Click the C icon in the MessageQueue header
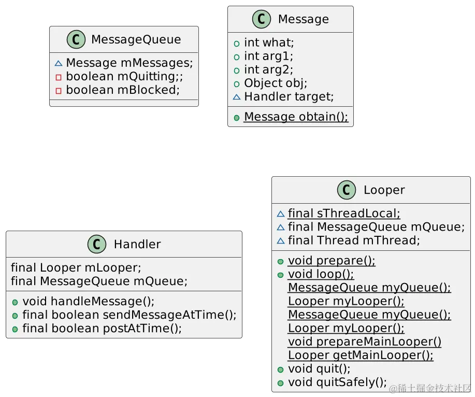pyautogui.click(x=76, y=40)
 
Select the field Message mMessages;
pyautogui.click(x=129, y=63)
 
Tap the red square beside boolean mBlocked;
pyautogui.click(x=58, y=90)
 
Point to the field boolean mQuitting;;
pyautogui.click(x=124, y=77)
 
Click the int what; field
pyautogui.click(x=269, y=42)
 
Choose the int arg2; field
pyautogui.click(x=268, y=69)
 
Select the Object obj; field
pyautogui.click(x=276, y=83)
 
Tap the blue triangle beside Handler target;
pyautogui.click(x=237, y=96)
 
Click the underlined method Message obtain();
pyautogui.click(x=296, y=117)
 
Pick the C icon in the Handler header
pyautogui.click(x=97, y=244)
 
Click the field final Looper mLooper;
pyautogui.click(x=76, y=268)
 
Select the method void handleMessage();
pyautogui.click(x=88, y=301)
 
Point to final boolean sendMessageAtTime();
pyautogui.click(x=129, y=315)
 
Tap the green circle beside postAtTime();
pyautogui.click(x=16, y=329)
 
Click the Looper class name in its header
pyautogui.click(x=384, y=190)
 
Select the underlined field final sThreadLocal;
pyautogui.click(x=344, y=214)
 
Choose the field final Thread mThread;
pyautogui.click(x=354, y=240)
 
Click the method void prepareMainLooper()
pyautogui.click(x=365, y=342)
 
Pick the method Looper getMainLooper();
pyautogui.click(x=361, y=356)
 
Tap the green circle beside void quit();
pyautogui.click(x=281, y=370)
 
